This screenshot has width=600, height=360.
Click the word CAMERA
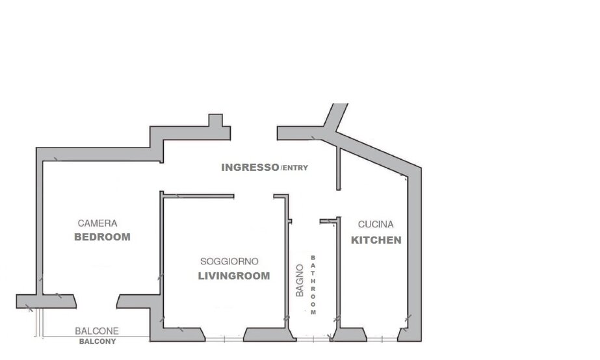point(98,223)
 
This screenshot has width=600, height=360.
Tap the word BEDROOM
point(102,237)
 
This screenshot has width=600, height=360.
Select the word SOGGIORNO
point(229,262)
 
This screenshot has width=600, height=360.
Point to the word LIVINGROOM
point(234,276)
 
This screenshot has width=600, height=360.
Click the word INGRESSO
point(250,167)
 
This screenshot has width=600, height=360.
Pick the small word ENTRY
point(294,168)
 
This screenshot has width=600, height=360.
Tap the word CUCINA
point(375,224)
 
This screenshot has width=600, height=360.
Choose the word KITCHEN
point(376,240)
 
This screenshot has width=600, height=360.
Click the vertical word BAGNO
point(300,281)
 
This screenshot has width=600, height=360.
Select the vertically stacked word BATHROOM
point(313,285)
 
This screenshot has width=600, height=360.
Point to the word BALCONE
point(97,331)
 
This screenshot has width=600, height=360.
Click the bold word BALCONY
point(98,341)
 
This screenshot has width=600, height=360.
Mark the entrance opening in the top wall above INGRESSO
point(254,133)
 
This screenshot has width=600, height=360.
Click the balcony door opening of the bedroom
point(96,302)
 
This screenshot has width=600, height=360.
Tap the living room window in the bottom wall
point(225,339)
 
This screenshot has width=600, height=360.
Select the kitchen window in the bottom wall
point(382,339)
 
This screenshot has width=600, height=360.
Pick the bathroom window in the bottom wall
point(313,339)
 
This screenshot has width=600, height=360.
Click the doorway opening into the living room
point(254,196)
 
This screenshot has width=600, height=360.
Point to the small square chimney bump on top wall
point(215,120)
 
